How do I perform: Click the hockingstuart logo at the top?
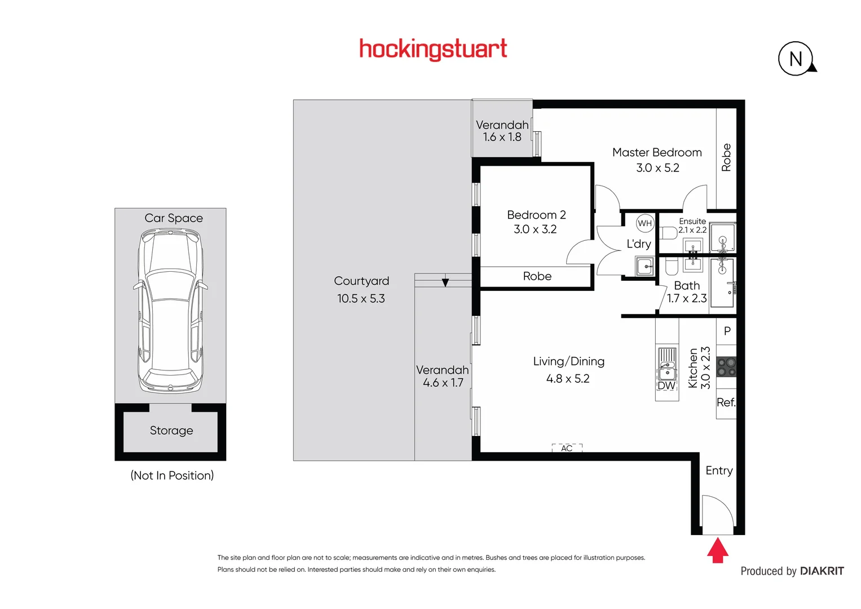point(433,49)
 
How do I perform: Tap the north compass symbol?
point(796,59)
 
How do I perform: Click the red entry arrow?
point(717,550)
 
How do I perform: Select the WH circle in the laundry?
point(644,223)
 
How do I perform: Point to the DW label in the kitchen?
point(666,386)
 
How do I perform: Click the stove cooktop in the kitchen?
point(726,367)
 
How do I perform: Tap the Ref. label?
point(726,403)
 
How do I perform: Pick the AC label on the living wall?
point(567,448)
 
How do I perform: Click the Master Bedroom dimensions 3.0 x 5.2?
point(657,168)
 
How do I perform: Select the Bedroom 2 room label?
point(536,215)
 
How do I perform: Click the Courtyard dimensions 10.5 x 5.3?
point(361,299)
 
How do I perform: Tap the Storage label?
point(171,431)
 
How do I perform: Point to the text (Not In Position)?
point(172,475)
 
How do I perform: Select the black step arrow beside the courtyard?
point(445,282)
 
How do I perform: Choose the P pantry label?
point(727,332)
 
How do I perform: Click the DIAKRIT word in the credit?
point(822,571)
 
